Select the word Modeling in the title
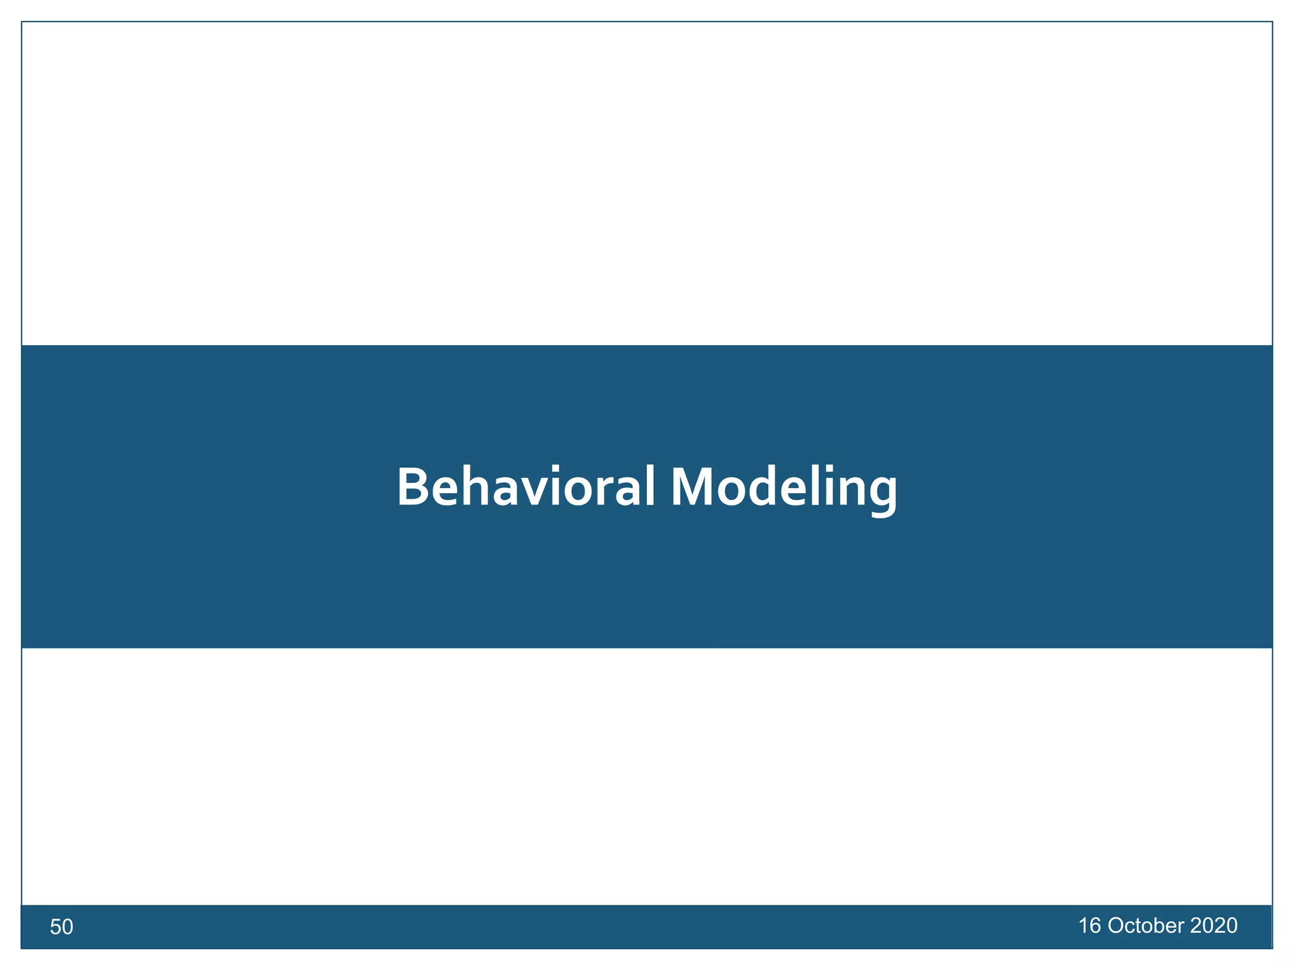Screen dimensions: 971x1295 pos(783,487)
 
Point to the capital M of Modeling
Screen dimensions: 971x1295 pos(692,487)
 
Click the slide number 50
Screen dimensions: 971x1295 pos(61,927)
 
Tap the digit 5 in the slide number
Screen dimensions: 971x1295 pos(56,927)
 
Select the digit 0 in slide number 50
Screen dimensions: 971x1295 pos(68,927)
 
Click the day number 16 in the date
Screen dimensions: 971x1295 pos(1089,926)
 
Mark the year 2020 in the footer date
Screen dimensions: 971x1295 pos(1213,926)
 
